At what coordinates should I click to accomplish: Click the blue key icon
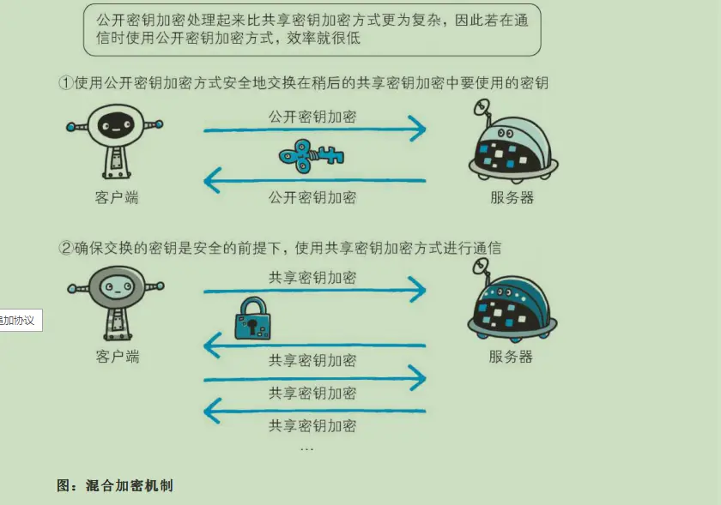312,156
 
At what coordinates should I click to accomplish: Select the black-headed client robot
115,141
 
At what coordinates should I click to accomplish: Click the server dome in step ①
512,143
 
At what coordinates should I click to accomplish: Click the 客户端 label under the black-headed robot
116,197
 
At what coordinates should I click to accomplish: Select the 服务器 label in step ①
512,197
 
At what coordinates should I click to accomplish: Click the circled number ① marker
65,83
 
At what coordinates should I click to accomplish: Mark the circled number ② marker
65,248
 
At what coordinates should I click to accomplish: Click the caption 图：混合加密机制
115,485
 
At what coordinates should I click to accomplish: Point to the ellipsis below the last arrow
306,448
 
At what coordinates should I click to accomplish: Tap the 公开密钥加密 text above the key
312,116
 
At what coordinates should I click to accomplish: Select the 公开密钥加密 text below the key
312,197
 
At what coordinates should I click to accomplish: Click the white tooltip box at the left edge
20,320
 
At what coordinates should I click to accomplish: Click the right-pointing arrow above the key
314,130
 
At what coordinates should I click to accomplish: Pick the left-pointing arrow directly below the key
314,180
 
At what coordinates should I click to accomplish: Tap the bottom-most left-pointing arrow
314,412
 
